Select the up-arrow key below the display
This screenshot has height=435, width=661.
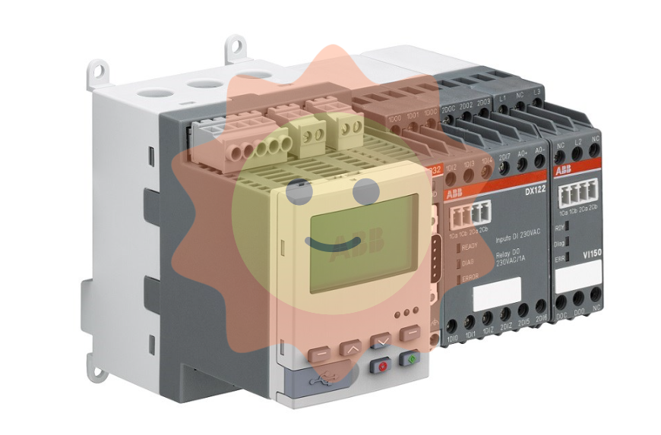coord(352,350)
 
